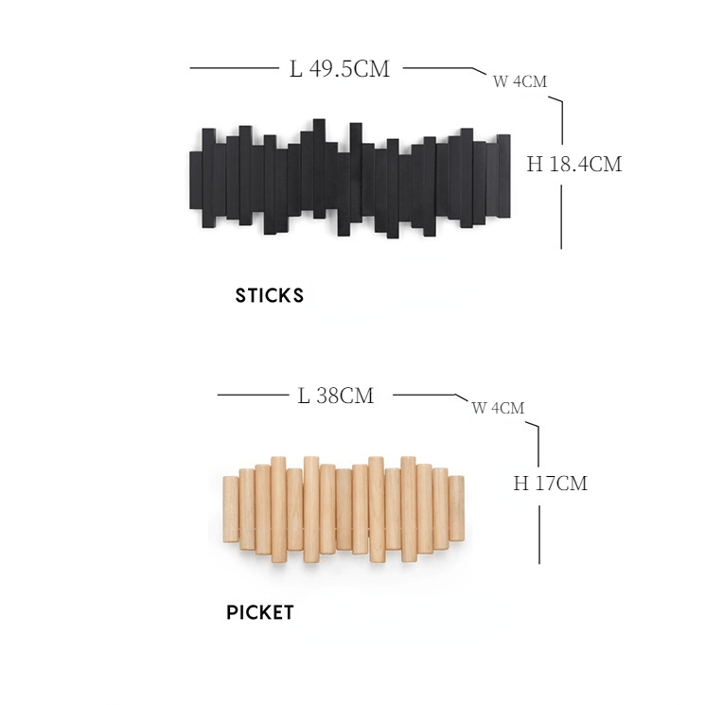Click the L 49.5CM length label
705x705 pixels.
pyautogui.click(x=340, y=69)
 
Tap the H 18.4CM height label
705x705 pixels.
pyautogui.click(x=574, y=164)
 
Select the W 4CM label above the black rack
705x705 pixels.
pyautogui.click(x=520, y=81)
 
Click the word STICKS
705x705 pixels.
pyautogui.click(x=270, y=295)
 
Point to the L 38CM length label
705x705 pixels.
pyautogui.click(x=336, y=396)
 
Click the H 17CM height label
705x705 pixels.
pyautogui.click(x=551, y=484)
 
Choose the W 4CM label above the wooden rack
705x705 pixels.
pyautogui.click(x=498, y=408)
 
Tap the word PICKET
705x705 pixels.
pyautogui.click(x=260, y=612)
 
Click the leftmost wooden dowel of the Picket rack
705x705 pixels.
pyautogui.click(x=231, y=509)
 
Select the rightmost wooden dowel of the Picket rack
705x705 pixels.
pyautogui.click(x=456, y=508)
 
